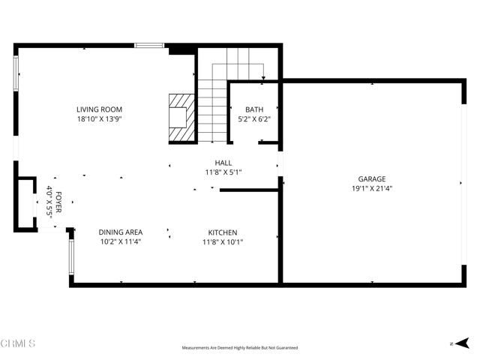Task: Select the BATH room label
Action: point(253,109)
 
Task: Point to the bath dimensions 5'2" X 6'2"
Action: point(253,118)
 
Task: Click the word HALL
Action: point(223,162)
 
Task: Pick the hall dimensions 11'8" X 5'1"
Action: point(223,172)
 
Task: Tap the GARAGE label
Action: point(371,179)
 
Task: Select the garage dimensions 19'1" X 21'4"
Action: point(371,188)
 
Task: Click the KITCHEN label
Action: point(223,232)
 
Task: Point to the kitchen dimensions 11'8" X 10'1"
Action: point(223,241)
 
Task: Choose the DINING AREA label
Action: point(121,232)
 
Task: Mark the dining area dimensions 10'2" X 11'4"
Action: point(121,241)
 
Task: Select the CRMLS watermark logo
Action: point(18,343)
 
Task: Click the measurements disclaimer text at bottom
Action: point(240,348)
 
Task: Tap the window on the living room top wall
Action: point(149,46)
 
